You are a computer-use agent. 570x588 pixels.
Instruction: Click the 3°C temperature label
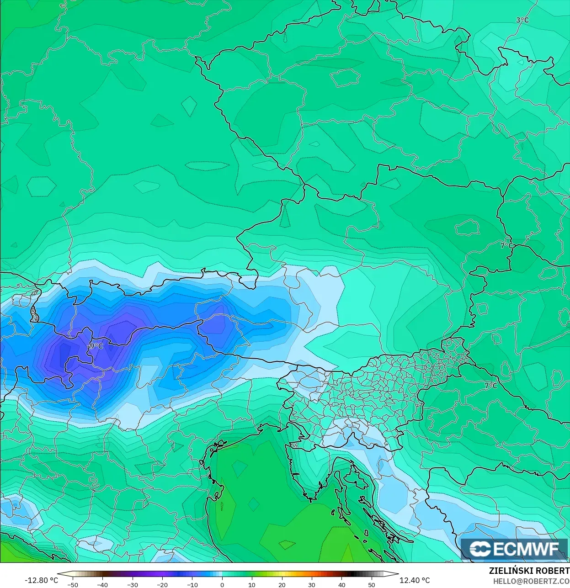(x=522, y=20)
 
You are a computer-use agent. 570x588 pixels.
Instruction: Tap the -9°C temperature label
(x=95, y=346)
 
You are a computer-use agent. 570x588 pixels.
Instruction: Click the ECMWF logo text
(x=526, y=549)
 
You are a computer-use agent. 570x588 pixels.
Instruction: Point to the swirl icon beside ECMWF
(x=480, y=549)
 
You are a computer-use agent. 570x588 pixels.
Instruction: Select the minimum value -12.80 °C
(x=41, y=580)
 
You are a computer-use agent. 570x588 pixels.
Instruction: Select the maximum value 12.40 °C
(x=415, y=580)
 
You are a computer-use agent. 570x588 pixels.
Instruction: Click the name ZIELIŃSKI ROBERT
(x=529, y=571)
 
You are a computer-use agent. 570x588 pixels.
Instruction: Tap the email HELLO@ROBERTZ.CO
(x=531, y=581)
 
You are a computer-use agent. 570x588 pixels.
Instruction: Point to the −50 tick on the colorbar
(x=72, y=585)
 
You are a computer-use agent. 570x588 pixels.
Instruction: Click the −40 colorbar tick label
(x=102, y=585)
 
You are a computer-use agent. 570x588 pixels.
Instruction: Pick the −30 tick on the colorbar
(x=133, y=585)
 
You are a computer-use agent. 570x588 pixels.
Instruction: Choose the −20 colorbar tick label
(x=162, y=585)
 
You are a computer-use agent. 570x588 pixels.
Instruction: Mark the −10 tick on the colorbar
(x=192, y=585)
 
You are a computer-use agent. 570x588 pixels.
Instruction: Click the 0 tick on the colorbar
(x=222, y=585)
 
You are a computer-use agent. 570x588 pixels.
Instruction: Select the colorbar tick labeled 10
(x=252, y=585)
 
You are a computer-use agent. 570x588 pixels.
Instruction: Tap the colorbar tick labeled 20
(x=282, y=585)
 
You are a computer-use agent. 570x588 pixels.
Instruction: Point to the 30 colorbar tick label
(x=312, y=585)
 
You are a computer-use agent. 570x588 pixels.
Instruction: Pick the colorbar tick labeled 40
(x=342, y=585)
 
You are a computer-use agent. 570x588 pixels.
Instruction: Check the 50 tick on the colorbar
(x=372, y=585)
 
